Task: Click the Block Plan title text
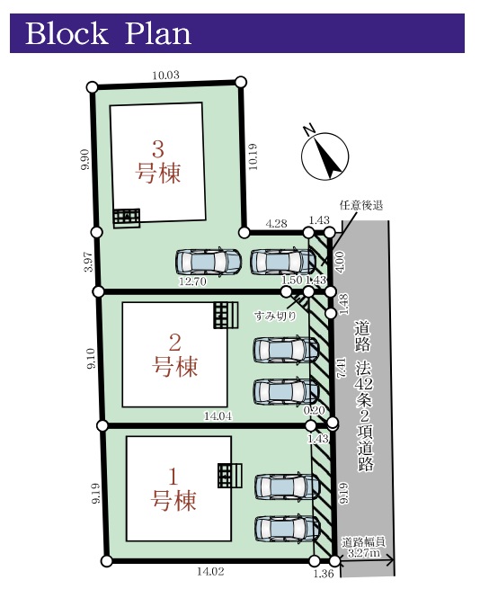[x=108, y=33]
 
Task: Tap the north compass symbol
[x=324, y=155]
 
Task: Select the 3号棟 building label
[x=158, y=162]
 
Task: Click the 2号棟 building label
[x=174, y=355]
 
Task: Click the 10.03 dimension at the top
[x=165, y=76]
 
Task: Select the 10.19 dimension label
[x=253, y=156]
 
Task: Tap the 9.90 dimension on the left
[x=85, y=159]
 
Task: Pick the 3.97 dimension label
[x=89, y=262]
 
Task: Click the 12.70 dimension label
[x=192, y=281]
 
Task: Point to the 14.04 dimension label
[x=218, y=415]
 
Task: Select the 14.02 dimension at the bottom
[x=210, y=571]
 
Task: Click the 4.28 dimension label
[x=276, y=224]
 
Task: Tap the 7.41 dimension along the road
[x=341, y=368]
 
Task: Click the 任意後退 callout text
[x=361, y=205]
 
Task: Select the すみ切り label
[x=275, y=316]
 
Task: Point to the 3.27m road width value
[x=363, y=553]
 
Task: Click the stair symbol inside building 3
[x=127, y=219]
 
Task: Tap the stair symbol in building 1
[x=229, y=476]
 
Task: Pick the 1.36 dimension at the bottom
[x=323, y=574]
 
